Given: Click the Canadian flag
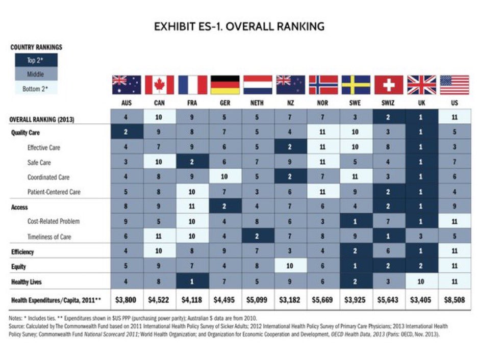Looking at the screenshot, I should click(x=159, y=85).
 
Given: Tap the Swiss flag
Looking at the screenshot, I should click(x=389, y=85).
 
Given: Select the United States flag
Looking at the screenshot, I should click(x=454, y=85).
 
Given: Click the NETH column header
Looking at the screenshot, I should click(x=258, y=102).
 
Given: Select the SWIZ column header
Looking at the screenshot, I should click(x=389, y=102).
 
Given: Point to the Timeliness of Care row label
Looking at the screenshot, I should click(x=49, y=237).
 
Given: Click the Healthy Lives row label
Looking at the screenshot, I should click(x=26, y=281).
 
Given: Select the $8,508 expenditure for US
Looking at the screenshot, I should click(x=454, y=300).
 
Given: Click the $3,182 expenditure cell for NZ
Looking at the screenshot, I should click(x=290, y=300).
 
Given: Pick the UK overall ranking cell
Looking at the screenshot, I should click(x=421, y=117).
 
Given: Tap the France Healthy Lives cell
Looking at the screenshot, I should click(x=192, y=281).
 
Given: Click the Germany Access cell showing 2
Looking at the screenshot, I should click(x=225, y=207).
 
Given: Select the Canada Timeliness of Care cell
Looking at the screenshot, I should click(x=159, y=237).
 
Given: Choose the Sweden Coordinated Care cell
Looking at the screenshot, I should click(x=356, y=177).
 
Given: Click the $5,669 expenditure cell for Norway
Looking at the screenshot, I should click(x=323, y=300).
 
